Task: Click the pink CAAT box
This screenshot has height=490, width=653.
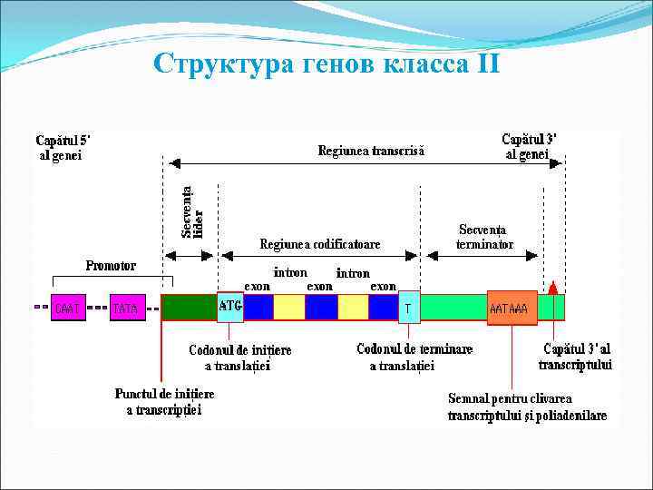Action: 66,308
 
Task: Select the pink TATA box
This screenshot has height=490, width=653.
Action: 126,308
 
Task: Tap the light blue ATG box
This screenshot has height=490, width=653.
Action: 230,307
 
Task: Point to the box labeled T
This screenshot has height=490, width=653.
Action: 409,309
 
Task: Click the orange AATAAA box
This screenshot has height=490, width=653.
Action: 512,308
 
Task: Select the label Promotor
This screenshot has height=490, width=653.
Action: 111,266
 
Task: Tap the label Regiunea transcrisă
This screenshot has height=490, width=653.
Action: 370,151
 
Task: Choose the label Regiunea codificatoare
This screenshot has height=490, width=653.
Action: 320,244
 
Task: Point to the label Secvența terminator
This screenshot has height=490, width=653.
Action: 484,237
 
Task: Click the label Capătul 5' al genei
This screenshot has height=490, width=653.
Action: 63,147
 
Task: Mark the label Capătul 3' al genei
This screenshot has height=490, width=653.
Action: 529,147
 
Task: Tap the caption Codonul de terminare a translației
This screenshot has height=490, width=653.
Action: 402,358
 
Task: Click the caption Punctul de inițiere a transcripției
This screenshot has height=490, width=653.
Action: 164,402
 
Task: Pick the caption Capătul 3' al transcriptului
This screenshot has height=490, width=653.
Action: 575,357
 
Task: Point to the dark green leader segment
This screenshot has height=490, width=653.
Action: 189,307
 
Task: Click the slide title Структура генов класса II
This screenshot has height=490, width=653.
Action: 326,65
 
